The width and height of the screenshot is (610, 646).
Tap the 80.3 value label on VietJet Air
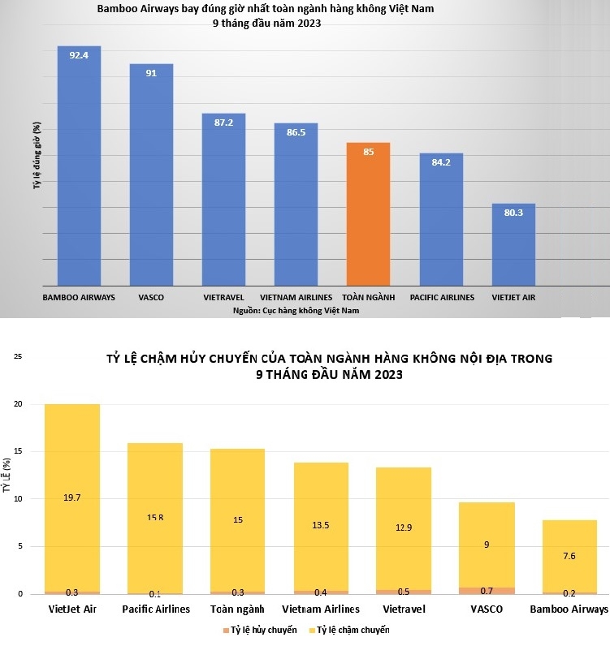513,213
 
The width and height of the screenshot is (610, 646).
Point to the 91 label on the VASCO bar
151,73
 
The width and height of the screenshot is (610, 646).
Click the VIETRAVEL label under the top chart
223,298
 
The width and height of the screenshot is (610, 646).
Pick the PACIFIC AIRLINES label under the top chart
442,298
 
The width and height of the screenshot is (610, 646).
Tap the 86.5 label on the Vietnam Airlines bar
296,132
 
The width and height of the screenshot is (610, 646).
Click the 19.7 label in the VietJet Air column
72,497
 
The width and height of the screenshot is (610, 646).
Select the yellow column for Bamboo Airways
569,560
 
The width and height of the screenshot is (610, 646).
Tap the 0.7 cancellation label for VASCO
487,589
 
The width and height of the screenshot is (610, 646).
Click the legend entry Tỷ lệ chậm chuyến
353,630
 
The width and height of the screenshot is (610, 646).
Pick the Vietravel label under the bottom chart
403,609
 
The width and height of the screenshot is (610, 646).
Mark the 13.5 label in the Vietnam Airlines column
320,525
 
